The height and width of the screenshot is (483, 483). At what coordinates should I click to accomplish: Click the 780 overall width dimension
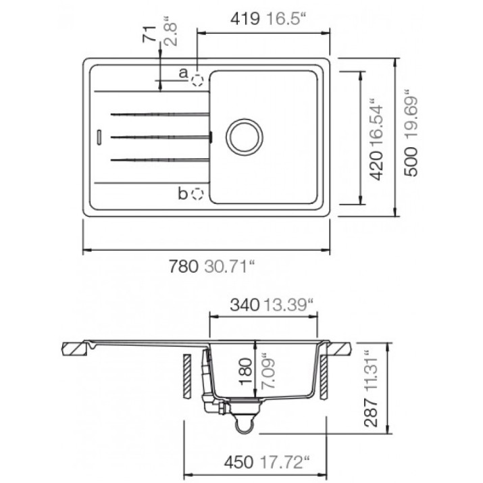pos(183,266)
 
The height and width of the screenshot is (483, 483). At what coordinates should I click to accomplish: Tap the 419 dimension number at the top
pos(245,19)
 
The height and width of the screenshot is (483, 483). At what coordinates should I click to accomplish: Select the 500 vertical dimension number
pos(411,161)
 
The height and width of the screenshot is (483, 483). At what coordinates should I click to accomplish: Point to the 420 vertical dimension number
pos(376,166)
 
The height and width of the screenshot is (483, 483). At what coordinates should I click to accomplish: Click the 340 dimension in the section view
pos(245,305)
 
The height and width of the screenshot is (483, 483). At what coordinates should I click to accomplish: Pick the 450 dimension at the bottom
pos(238,463)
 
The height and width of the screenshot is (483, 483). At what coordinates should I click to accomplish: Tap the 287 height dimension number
pos(371,413)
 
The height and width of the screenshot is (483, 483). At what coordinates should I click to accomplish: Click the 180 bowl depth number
pos(246,372)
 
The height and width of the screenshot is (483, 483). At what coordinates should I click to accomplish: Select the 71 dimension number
pos(149,34)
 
